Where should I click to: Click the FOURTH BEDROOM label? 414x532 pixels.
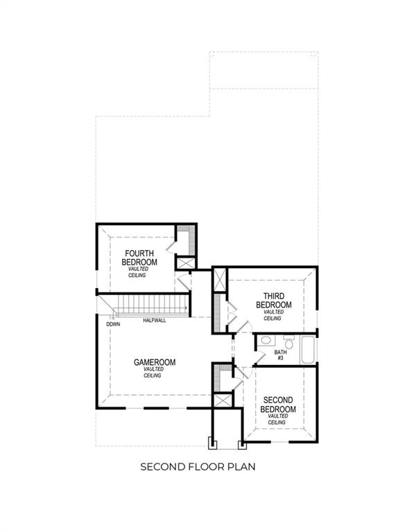(139, 258)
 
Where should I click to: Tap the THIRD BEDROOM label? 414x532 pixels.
(273, 301)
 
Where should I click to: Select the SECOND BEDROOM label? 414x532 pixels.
(278, 405)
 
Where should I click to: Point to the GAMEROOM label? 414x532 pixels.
(154, 362)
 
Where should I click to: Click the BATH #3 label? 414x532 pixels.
(280, 355)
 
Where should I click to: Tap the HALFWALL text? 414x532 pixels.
(154, 321)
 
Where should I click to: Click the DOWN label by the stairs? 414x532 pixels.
(112, 324)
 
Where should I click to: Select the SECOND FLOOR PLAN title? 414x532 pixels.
(198, 467)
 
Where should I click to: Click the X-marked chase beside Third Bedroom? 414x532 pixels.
(220, 281)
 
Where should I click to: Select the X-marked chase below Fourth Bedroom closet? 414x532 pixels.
(184, 263)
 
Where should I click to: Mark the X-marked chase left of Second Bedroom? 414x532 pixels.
(223, 400)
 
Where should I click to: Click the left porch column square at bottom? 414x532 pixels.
(213, 443)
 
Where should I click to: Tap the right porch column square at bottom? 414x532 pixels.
(242, 443)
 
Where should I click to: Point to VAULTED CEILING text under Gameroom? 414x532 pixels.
(153, 372)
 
